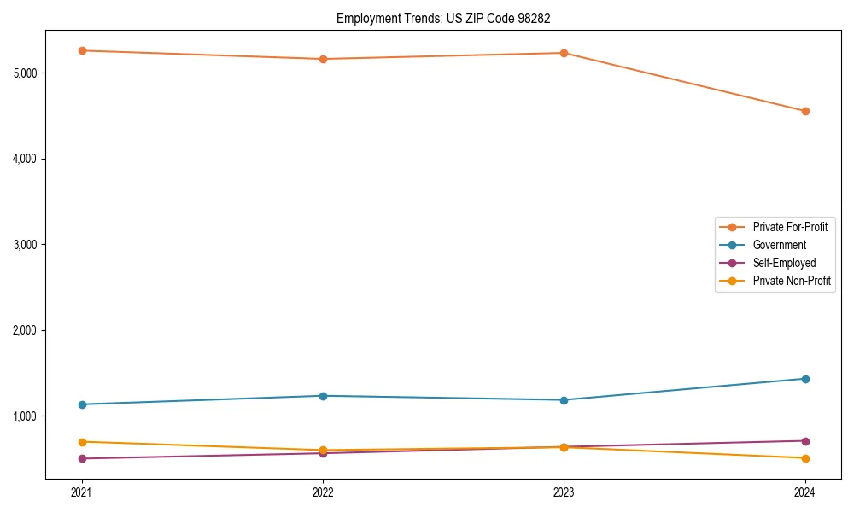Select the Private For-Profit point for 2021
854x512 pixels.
click(x=82, y=50)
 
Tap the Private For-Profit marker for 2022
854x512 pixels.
click(x=323, y=59)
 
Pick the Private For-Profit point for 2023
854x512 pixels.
click(x=564, y=53)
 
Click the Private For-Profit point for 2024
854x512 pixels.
click(x=804, y=111)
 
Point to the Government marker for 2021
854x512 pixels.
click(x=82, y=404)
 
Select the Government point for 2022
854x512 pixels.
click(x=323, y=396)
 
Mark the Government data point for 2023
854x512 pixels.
click(x=564, y=400)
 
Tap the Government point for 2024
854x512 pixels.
click(x=804, y=379)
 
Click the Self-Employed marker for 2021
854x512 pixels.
click(x=82, y=458)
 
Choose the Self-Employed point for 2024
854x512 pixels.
click(x=804, y=441)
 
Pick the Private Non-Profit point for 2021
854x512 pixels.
click(x=82, y=442)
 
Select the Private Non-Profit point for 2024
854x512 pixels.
click(x=804, y=458)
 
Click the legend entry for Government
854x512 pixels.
click(x=779, y=245)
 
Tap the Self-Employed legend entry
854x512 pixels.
click(x=784, y=263)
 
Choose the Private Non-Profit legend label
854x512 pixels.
click(x=792, y=281)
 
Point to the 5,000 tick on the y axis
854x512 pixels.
click(x=26, y=73)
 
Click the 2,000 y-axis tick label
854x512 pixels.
click(x=26, y=330)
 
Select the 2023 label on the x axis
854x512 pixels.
click(x=564, y=492)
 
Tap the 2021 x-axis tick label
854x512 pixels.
click(x=82, y=492)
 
